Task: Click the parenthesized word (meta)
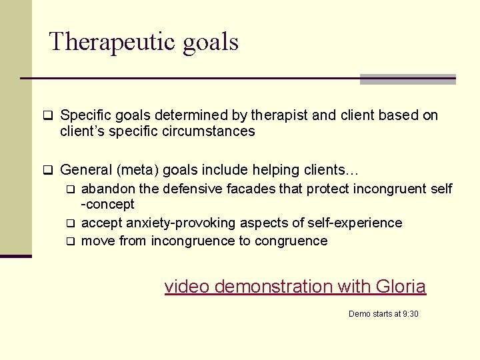coord(135,170)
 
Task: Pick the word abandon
coord(107,189)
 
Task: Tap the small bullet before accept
coord(70,223)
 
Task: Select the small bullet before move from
coord(70,241)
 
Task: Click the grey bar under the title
coord(407,79)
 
